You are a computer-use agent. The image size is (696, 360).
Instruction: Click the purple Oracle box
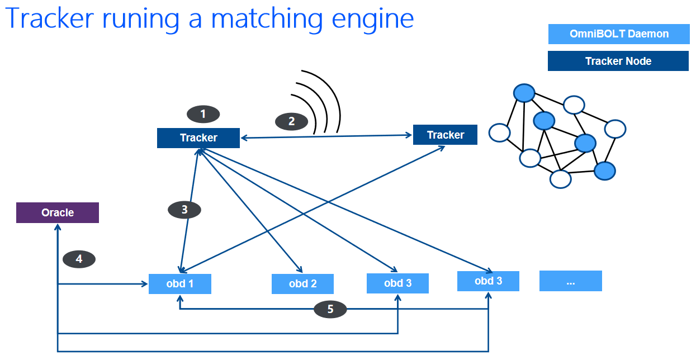pyautogui.click(x=58, y=213)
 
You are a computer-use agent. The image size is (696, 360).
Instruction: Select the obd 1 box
pyautogui.click(x=180, y=283)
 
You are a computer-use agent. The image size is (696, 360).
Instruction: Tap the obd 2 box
pyautogui.click(x=302, y=284)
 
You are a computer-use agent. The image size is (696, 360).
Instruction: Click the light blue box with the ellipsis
pyautogui.click(x=570, y=281)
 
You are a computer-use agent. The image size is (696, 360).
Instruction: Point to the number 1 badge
pyautogui.click(x=203, y=114)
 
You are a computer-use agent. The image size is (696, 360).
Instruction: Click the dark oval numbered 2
pyautogui.click(x=291, y=121)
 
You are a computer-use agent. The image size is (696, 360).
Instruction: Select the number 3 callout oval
pyautogui.click(x=184, y=210)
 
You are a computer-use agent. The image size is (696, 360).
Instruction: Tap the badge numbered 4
pyautogui.click(x=79, y=259)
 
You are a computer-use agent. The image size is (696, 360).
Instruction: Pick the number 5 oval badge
pyautogui.click(x=330, y=309)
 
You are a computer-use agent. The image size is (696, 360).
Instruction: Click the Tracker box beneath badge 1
pyautogui.click(x=198, y=138)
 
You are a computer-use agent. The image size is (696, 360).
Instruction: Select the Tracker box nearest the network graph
pyautogui.click(x=445, y=135)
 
